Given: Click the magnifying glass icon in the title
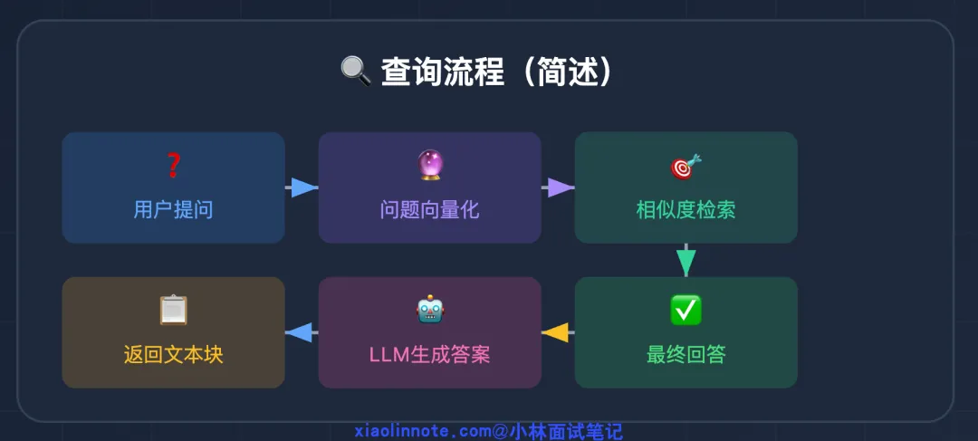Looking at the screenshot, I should coord(355,71).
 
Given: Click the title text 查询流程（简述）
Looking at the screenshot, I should coord(496,72).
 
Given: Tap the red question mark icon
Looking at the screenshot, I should coord(173,166).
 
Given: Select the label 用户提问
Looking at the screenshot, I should coord(173,210).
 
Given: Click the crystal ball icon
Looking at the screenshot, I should coord(429,166).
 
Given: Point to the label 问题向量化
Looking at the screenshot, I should coord(429,210).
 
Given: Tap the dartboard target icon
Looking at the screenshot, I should coord(686,167).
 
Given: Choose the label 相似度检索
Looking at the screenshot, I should coord(686,210).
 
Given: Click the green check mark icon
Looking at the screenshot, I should coord(686,311).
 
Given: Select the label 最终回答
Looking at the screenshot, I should coord(686,354).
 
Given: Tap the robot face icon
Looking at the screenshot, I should coord(429,311).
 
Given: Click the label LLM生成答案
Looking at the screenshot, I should coord(429,354).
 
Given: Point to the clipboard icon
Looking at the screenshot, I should coord(173,311).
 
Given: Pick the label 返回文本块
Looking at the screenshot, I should coord(173,354).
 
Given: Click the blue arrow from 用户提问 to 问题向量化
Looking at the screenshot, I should coord(302,187).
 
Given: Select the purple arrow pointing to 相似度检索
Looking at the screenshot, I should coord(560,187).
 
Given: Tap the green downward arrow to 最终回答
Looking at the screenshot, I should coord(686,261).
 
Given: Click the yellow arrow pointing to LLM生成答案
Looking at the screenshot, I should coord(556,332).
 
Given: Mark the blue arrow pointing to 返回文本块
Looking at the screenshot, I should coord(300,332).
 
